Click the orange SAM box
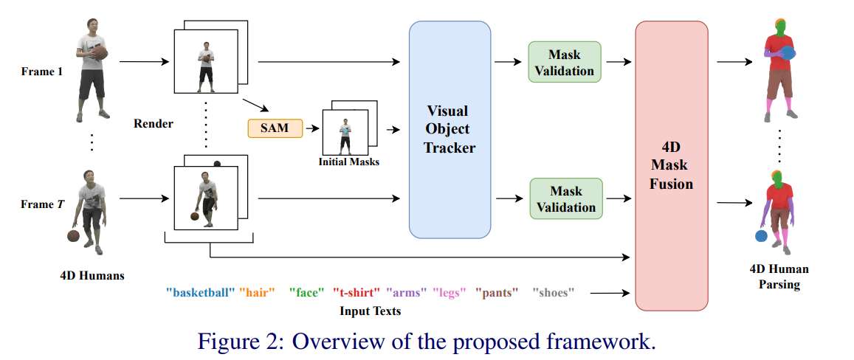click(275, 129)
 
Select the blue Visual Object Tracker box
click(450, 129)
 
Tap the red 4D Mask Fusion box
click(671, 165)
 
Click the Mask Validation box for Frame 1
click(565, 62)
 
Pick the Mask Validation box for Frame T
click(565, 198)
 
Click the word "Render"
click(154, 123)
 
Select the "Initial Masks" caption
click(349, 161)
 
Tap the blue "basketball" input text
click(201, 293)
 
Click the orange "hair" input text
click(257, 293)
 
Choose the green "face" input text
click(307, 293)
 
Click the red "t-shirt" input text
click(357, 293)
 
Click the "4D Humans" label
click(92, 276)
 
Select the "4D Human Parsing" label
click(779, 277)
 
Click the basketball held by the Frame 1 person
click(100, 54)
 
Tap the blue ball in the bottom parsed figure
click(760, 236)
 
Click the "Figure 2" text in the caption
click(235, 342)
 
